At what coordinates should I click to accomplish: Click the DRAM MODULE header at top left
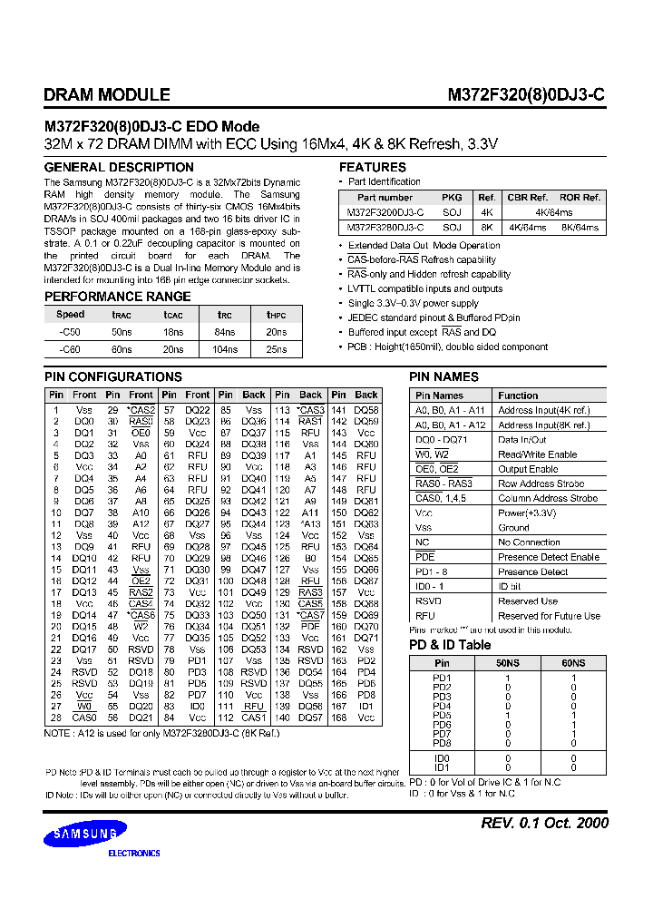pyautogui.click(x=107, y=94)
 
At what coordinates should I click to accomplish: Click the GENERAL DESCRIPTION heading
pyautogui.click(x=119, y=167)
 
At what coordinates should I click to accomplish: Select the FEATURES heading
pyautogui.click(x=373, y=167)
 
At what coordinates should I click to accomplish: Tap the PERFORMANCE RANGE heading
pyautogui.click(x=118, y=297)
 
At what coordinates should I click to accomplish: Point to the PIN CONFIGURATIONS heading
pyautogui.click(x=113, y=376)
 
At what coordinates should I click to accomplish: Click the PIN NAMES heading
pyautogui.click(x=444, y=376)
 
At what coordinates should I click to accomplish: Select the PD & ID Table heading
pyautogui.click(x=450, y=645)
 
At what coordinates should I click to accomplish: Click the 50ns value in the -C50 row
pyautogui.click(x=122, y=334)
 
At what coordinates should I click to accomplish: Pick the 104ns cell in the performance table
pyautogui.click(x=224, y=348)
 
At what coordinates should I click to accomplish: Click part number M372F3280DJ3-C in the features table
pyautogui.click(x=385, y=228)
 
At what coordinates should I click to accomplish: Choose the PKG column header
pyautogui.click(x=452, y=197)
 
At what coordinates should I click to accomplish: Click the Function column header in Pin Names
pyautogui.click(x=518, y=396)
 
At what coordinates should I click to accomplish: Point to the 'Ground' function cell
pyautogui.click(x=513, y=527)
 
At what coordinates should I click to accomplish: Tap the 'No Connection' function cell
pyautogui.click(x=529, y=542)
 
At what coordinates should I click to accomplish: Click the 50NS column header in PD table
pyautogui.click(x=508, y=664)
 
